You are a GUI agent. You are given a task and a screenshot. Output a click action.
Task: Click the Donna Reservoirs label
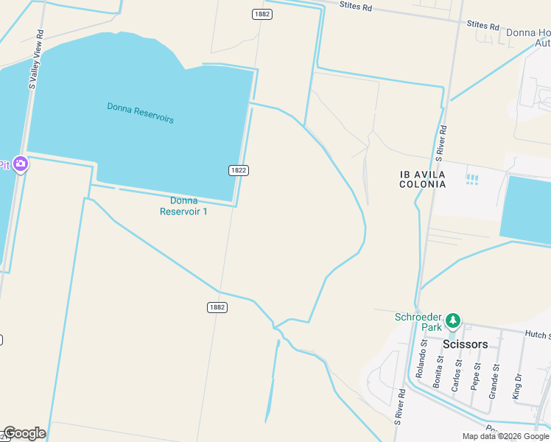[x=140, y=113]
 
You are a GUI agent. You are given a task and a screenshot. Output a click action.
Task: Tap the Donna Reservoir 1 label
[x=183, y=206]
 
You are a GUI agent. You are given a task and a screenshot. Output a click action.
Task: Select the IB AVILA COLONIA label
[x=423, y=179]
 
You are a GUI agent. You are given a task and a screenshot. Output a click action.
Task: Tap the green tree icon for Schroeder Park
[x=453, y=321]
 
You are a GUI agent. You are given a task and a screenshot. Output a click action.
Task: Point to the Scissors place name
[x=465, y=344]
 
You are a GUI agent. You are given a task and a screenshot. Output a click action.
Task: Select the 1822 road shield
[x=238, y=170]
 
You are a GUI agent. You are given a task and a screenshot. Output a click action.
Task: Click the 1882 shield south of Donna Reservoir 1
[x=216, y=307]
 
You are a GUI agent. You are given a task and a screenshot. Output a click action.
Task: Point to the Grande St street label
[x=495, y=381]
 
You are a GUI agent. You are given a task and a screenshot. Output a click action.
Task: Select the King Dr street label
[x=519, y=387]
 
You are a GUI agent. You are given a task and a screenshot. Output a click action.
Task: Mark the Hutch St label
[x=537, y=334]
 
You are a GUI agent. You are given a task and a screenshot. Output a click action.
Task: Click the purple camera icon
[x=21, y=164]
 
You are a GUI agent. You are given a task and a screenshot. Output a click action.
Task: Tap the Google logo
[x=24, y=433]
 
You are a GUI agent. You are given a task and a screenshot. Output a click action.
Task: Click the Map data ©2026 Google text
[x=505, y=436]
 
